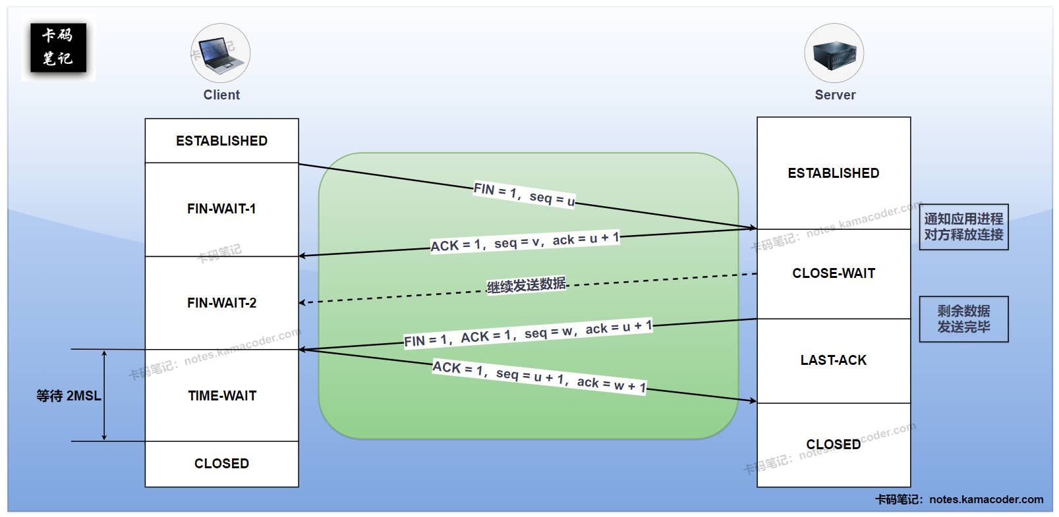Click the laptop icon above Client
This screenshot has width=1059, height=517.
tap(220, 54)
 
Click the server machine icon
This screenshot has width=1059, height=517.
tap(834, 54)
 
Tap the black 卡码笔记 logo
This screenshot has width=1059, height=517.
tap(58, 47)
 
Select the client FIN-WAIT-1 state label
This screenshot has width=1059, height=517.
tap(221, 209)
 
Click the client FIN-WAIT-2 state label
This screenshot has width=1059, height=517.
tap(221, 303)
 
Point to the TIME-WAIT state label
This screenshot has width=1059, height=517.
tap(222, 396)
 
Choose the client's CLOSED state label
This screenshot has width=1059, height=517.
tap(221, 464)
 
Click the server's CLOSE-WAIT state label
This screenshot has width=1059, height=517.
tap(834, 273)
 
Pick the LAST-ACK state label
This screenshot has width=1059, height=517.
tap(834, 360)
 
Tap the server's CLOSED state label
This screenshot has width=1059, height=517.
tap(834, 445)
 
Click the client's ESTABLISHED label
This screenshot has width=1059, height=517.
tap(221, 141)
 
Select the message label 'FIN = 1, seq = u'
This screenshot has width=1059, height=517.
tap(525, 194)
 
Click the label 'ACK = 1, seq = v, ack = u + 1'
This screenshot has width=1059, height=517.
tap(525, 242)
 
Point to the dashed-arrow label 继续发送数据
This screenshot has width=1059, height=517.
tap(526, 285)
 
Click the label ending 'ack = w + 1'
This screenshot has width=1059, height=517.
tap(539, 377)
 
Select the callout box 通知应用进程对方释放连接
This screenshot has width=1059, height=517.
tap(963, 227)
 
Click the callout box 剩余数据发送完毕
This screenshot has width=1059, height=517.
tap(963, 319)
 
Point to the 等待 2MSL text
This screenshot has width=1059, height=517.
tap(69, 396)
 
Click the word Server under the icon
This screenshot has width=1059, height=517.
tap(835, 95)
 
